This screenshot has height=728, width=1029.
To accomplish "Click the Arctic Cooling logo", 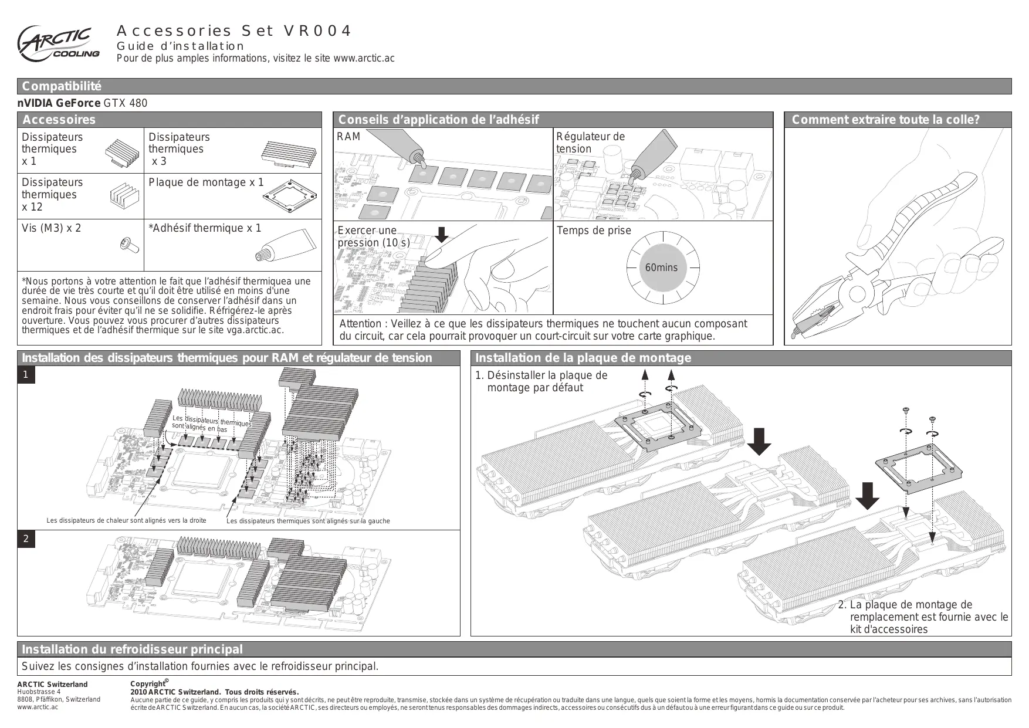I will pyautogui.click(x=57, y=44).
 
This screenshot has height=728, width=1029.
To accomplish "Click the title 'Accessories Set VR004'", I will pyautogui.click(x=234, y=31).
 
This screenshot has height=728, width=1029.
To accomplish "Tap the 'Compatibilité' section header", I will pyautogui.click(x=62, y=86).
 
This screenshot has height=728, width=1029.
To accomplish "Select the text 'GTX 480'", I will pyautogui.click(x=126, y=103).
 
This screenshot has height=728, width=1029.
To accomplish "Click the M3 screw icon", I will pyautogui.click(x=129, y=245).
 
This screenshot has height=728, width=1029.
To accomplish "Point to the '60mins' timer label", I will pyautogui.click(x=661, y=268).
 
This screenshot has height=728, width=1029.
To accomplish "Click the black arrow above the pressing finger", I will pyautogui.click(x=441, y=235).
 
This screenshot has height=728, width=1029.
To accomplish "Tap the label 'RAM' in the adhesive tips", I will pyautogui.click(x=348, y=137).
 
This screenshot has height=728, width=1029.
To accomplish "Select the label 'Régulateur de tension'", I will pyautogui.click(x=590, y=143).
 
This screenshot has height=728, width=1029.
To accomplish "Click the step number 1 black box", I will pyautogui.click(x=26, y=375).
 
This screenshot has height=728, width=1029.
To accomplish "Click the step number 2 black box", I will pyautogui.click(x=26, y=539).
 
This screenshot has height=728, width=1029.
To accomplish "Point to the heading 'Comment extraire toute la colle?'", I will pyautogui.click(x=885, y=120).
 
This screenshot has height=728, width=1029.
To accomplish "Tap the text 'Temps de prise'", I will pyautogui.click(x=594, y=231).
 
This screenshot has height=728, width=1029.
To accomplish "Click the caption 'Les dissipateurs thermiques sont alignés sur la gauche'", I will pyautogui.click(x=308, y=521).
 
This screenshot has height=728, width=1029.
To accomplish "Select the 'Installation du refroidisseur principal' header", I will pyautogui.click(x=132, y=649).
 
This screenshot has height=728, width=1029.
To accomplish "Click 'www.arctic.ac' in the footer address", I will pyautogui.click(x=38, y=707).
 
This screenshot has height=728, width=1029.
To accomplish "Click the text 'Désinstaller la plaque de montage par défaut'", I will pyautogui.click(x=541, y=381).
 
